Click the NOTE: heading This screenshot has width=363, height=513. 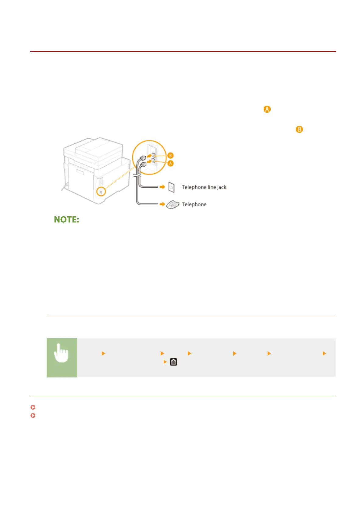(66, 219)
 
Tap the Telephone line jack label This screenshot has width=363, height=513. (204, 187)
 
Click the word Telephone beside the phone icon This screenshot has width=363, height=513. (194, 204)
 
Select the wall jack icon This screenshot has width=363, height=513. (172, 187)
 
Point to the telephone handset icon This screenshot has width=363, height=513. (173, 205)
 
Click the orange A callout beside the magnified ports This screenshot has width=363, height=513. (170, 164)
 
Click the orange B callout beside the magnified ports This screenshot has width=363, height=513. (170, 156)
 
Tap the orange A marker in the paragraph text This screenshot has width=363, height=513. (267, 109)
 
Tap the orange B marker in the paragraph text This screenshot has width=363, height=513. (299, 129)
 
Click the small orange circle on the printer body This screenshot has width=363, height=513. (101, 192)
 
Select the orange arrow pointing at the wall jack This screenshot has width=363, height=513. (162, 187)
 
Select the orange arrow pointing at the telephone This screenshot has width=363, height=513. (162, 204)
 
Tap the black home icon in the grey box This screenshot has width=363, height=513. (173, 362)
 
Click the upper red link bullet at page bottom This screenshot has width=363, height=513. (33, 407)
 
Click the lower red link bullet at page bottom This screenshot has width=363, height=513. (33, 416)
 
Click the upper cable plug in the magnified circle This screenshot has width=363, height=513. (143, 158)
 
